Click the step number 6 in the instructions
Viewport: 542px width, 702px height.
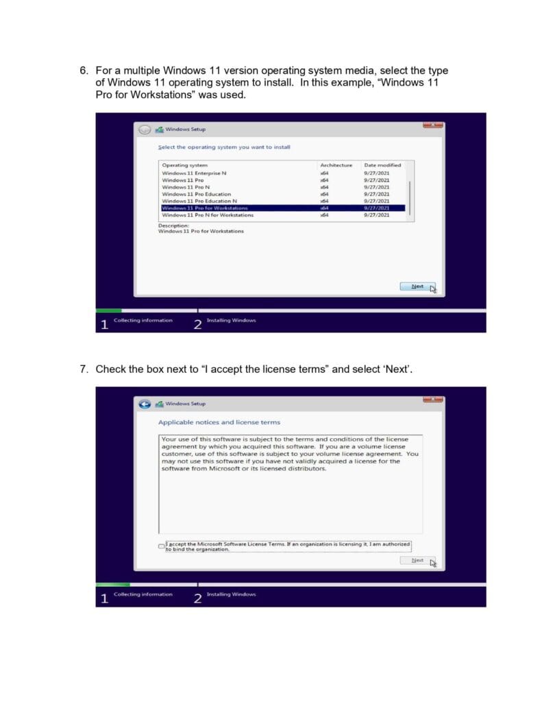point(84,71)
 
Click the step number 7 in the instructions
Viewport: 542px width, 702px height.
point(84,370)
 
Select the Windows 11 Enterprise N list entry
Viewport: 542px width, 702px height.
point(194,173)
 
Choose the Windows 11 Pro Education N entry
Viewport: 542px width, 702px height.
point(199,201)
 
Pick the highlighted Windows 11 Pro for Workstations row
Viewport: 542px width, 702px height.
point(283,208)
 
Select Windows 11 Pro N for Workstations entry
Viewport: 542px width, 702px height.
point(207,215)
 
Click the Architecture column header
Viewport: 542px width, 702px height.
point(336,165)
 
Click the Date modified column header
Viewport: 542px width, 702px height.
point(382,165)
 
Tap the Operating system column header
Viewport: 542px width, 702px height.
point(184,165)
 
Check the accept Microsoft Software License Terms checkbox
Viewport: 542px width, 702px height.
point(161,546)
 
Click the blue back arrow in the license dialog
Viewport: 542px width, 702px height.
point(145,404)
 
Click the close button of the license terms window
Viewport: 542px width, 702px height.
point(433,400)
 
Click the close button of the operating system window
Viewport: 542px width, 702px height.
point(433,125)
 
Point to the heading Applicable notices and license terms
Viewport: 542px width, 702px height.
point(219,422)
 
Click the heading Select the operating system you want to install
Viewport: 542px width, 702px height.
point(224,147)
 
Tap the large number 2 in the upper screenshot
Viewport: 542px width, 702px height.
point(197,324)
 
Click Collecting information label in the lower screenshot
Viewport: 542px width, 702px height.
point(143,594)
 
